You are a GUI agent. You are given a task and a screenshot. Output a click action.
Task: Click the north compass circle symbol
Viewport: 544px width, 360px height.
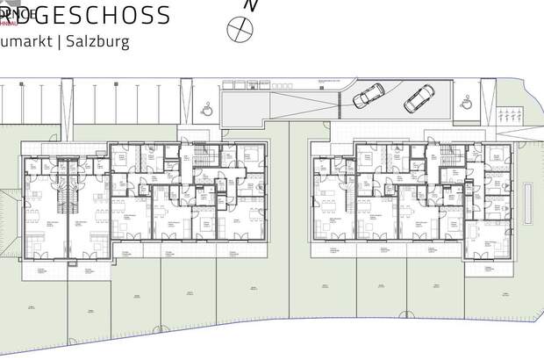tap(238, 30)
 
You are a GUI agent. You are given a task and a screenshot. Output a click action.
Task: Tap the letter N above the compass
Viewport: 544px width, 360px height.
tap(251, 5)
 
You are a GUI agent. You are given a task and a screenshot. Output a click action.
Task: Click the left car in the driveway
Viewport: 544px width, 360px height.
tap(369, 96)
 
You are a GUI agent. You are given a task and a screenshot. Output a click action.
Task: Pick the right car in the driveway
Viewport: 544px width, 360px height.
tap(418, 99)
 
